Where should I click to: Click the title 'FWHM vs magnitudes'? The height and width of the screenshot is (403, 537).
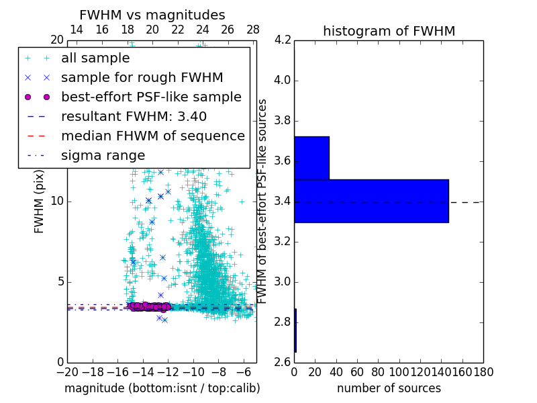coord(152,15)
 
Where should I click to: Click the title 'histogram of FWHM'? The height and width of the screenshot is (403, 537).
coord(389,31)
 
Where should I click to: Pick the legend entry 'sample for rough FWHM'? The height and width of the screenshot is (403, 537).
coord(142,77)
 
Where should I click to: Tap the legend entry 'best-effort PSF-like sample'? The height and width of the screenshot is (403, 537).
coord(151,97)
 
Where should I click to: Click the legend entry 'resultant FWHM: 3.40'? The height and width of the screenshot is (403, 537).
coord(134,116)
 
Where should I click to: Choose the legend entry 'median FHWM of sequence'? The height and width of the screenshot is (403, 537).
coord(152,136)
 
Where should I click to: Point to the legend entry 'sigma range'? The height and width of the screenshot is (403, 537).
coord(103,155)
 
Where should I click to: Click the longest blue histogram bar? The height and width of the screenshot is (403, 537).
coord(371,201)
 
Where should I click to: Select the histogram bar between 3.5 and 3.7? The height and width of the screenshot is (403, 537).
coord(311,158)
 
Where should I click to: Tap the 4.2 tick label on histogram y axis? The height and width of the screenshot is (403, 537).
coord(283,40)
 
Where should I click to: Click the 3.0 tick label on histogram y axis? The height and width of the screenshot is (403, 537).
coord(283,281)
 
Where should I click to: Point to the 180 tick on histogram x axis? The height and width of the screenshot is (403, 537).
coord(483,371)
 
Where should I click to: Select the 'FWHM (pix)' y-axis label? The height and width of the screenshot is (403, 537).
coord(39,201)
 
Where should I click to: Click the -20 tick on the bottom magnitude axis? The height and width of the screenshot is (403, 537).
coord(67,371)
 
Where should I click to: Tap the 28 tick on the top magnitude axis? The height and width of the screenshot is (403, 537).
coord(253,30)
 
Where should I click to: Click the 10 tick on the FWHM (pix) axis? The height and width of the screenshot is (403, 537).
coord(56,201)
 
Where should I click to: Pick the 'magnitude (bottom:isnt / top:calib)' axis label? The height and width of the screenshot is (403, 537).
coord(162,388)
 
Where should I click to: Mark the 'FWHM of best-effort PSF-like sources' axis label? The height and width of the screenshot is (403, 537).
coord(263,201)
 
